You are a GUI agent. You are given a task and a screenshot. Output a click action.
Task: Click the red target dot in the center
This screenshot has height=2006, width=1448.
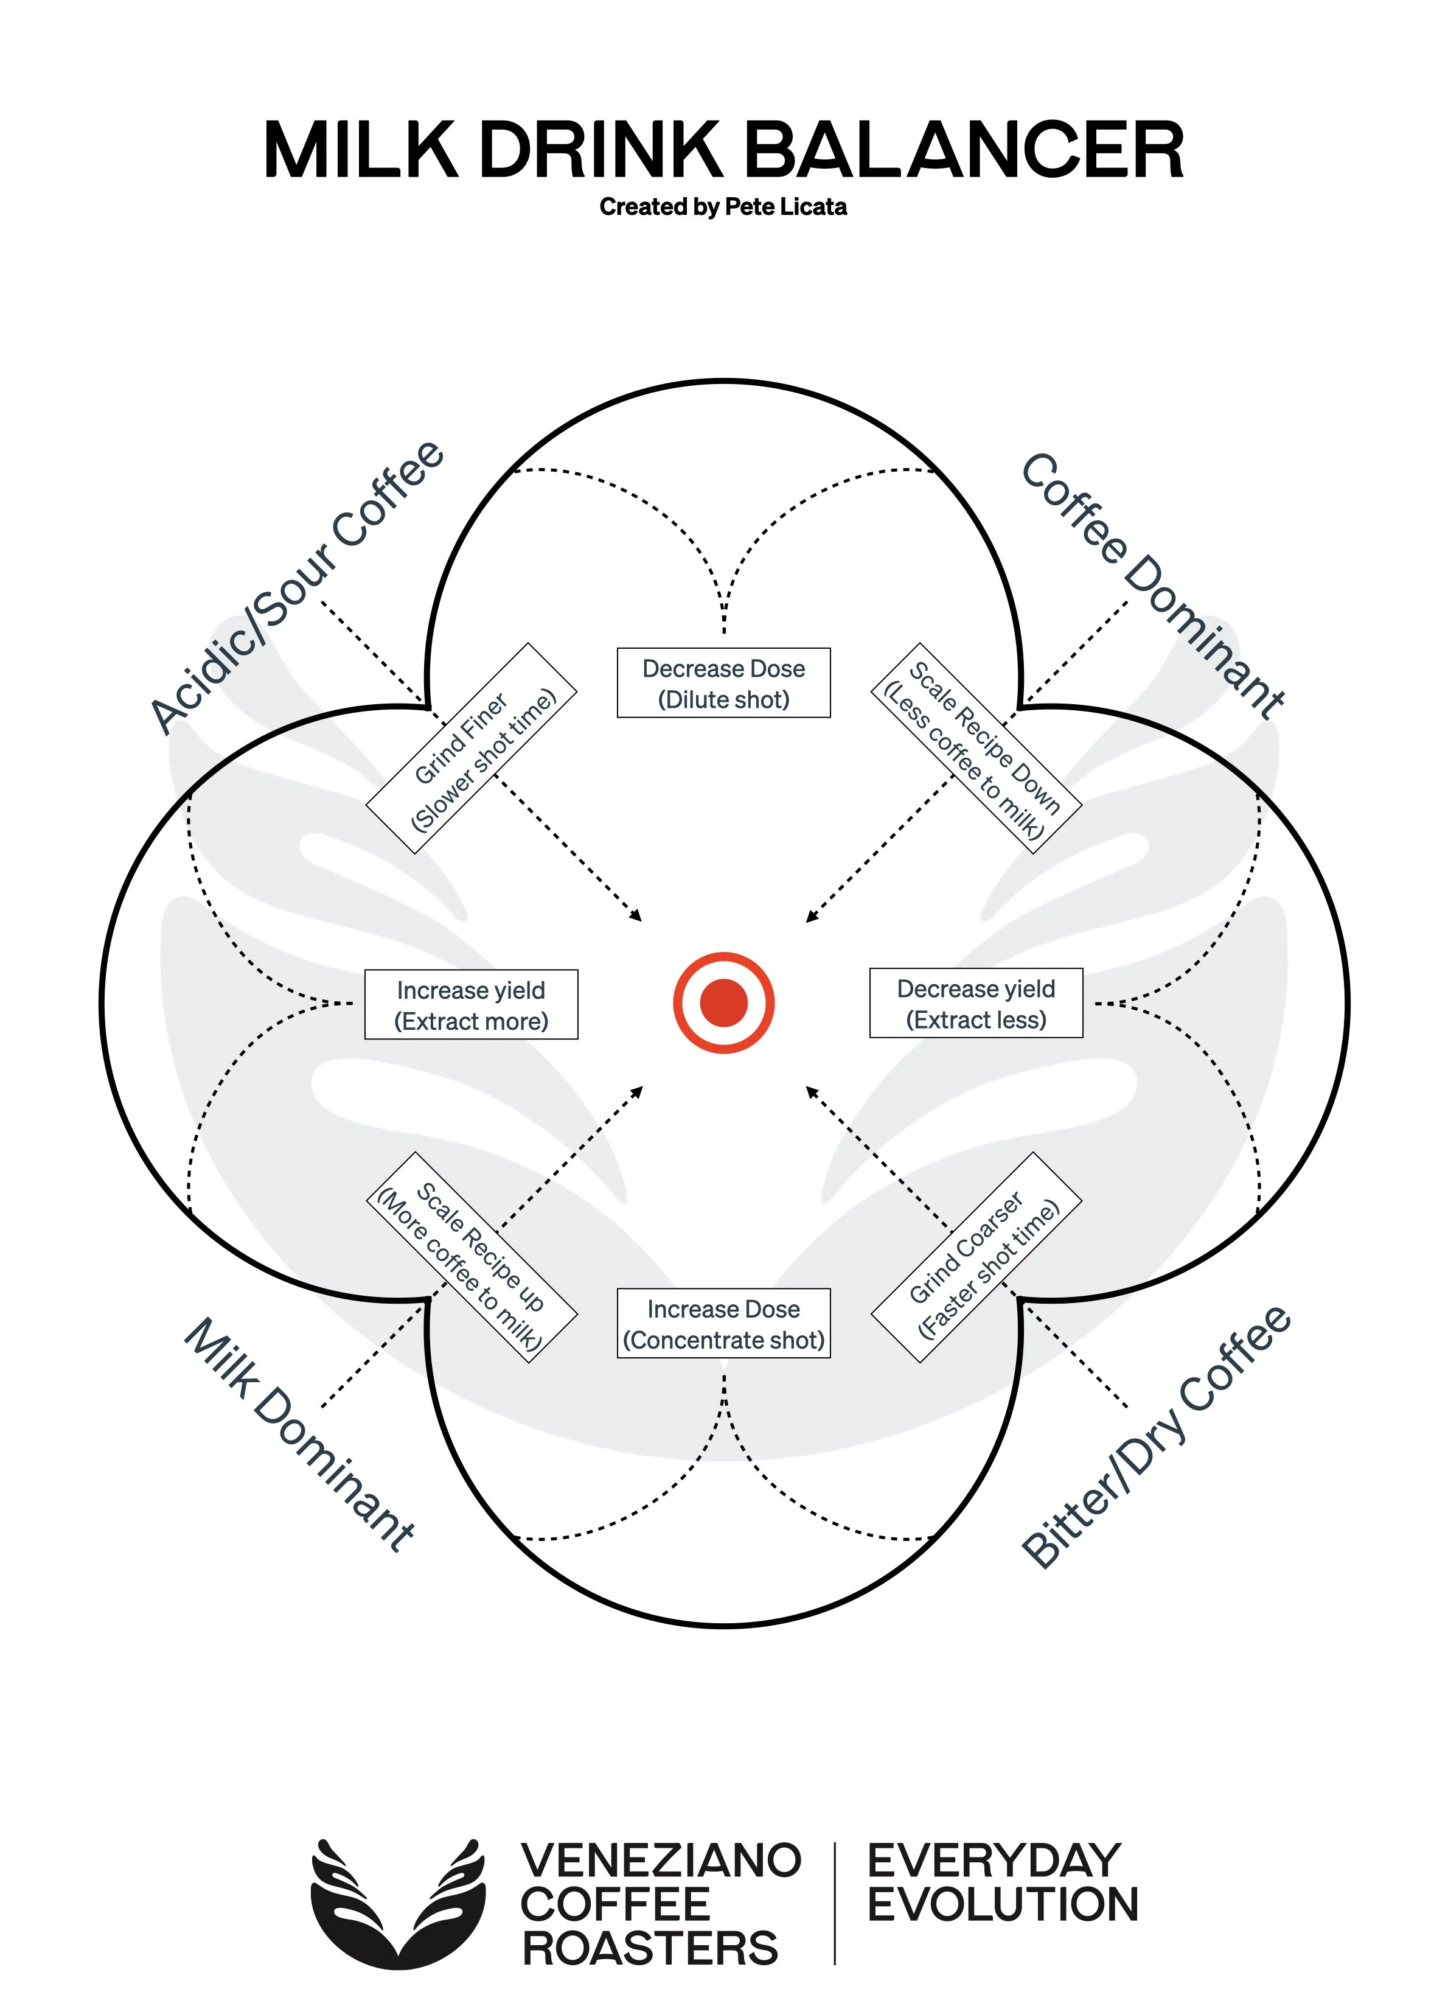click(723, 1002)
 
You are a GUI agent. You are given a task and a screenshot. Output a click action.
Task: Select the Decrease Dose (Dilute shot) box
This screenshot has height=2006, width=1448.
click(723, 683)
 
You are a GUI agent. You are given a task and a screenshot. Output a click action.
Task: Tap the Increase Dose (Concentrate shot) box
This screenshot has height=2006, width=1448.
click(723, 1323)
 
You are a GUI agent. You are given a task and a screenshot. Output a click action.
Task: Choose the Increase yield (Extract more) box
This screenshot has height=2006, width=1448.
click(471, 1005)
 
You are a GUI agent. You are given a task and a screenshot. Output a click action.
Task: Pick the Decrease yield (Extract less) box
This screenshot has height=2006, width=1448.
click(976, 1003)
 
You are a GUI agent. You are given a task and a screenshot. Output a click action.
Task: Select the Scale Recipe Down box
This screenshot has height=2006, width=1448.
click(976, 748)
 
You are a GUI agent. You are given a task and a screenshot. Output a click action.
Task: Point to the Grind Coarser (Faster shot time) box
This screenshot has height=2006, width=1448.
click(976, 1257)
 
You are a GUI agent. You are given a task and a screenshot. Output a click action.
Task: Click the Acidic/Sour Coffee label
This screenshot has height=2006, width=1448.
click(296, 587)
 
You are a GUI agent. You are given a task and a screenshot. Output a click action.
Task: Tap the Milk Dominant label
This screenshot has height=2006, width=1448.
click(298, 1435)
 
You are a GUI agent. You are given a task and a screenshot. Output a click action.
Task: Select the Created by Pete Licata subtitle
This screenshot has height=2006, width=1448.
click(723, 207)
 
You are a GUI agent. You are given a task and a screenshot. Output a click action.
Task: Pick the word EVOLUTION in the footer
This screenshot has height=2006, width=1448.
click(1003, 1904)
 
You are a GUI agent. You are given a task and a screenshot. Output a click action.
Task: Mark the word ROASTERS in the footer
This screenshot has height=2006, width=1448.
click(650, 1949)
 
